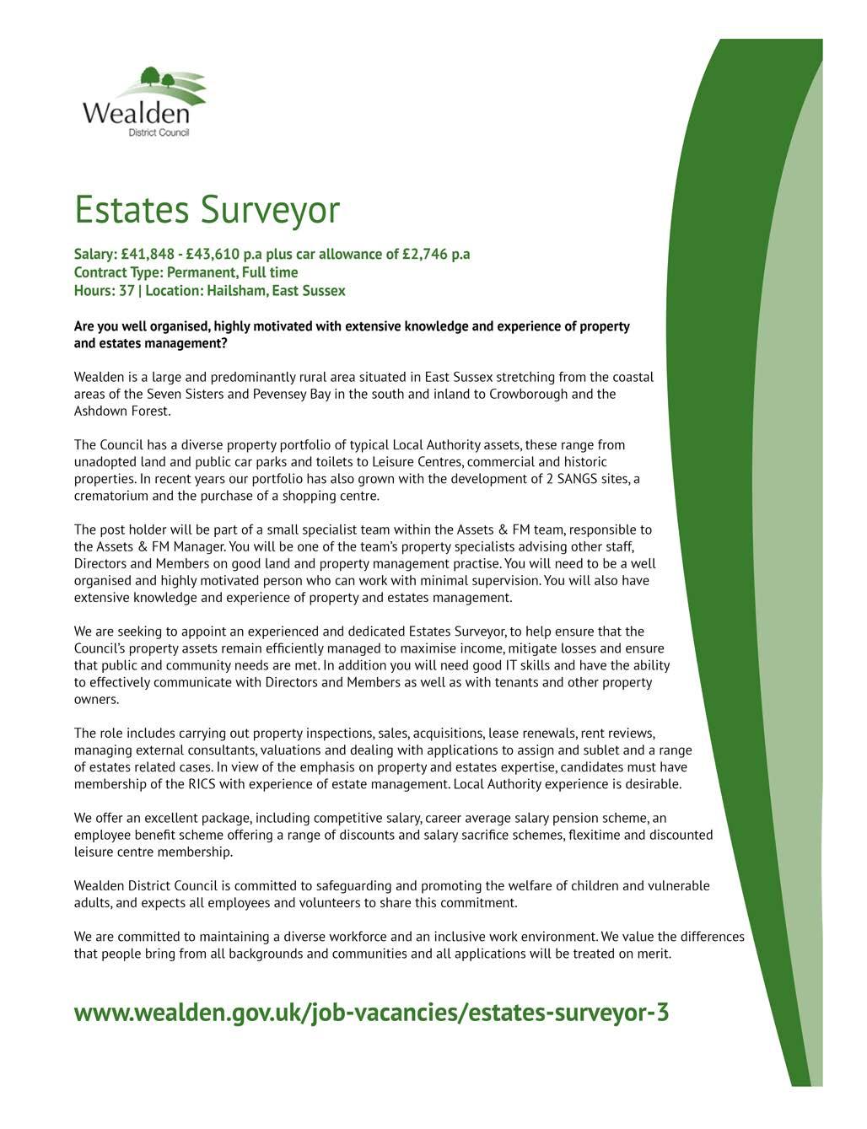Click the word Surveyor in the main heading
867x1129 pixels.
(270, 210)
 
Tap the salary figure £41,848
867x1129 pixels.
(148, 255)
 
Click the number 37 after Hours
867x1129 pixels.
(127, 291)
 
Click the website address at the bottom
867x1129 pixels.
(371, 1013)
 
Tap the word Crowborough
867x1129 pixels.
(528, 394)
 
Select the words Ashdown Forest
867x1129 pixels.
(121, 411)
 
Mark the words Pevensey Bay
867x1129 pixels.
(292, 394)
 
